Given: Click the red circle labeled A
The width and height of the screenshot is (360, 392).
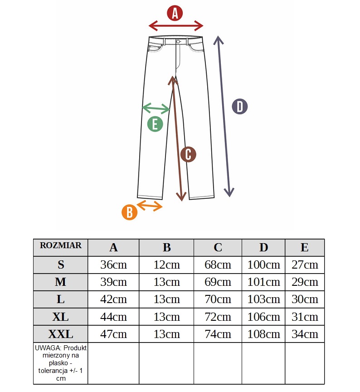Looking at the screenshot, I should click(175, 13).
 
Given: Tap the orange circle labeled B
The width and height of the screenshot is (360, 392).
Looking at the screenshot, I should click(130, 212).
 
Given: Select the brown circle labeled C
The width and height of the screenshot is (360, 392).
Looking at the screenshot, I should click(188, 154).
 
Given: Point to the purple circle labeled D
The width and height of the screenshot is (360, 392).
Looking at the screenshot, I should click(240, 107).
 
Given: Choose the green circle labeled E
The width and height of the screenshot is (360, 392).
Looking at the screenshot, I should click(155, 123).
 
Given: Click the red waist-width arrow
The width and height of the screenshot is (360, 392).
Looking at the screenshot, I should click(176, 25).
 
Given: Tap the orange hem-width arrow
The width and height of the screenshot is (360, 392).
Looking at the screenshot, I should click(150, 205).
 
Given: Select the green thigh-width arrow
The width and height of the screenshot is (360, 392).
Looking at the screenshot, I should click(156, 108).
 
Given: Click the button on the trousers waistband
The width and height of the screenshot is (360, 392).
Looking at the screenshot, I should click(178, 42).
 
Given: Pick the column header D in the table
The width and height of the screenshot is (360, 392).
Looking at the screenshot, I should click(263, 247).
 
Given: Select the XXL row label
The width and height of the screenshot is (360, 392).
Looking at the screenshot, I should click(61, 334).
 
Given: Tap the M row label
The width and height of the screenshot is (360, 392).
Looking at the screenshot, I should click(61, 282).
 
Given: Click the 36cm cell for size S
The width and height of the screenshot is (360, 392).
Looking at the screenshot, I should click(113, 265).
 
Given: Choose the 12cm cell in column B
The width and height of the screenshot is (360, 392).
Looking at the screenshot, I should click(166, 265).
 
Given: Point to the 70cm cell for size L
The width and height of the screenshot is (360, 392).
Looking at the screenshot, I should click(218, 299).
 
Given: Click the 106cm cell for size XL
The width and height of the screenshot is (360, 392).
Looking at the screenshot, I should click(263, 317).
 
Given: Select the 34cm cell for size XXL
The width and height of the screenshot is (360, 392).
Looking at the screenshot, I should click(305, 334).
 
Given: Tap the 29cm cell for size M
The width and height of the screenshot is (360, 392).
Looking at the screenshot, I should click(305, 282).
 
